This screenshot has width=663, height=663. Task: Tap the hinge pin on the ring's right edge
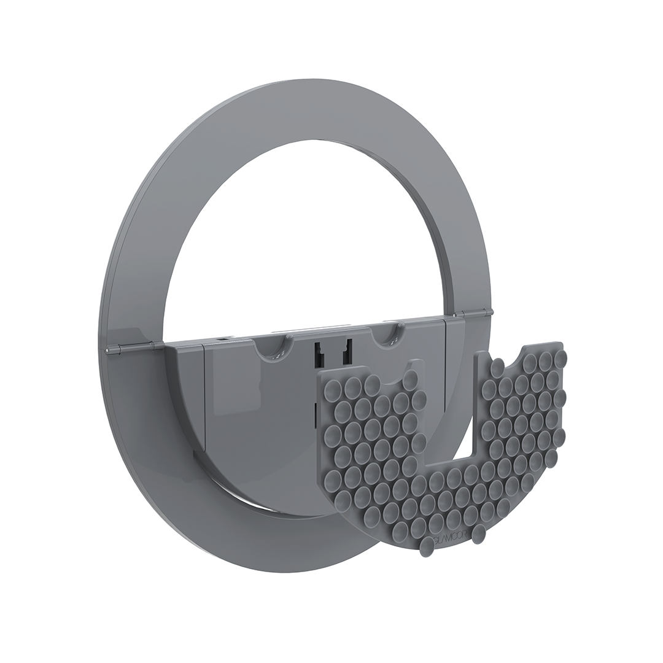(x=489, y=312)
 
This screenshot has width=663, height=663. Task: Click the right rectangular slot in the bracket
(x=347, y=352)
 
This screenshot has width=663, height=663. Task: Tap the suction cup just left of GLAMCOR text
(x=426, y=546)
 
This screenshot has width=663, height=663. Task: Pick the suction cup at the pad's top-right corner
(x=559, y=355)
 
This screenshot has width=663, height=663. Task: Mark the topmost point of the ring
(x=295, y=80)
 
